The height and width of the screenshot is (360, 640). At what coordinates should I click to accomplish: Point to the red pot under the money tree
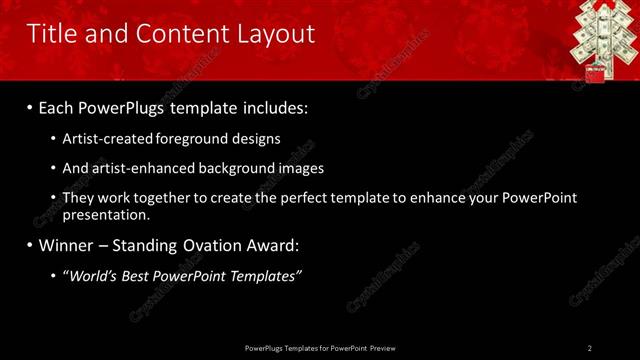(595, 73)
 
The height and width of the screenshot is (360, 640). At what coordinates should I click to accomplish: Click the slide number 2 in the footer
(590, 348)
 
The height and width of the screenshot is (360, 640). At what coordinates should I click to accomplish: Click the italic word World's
(93, 275)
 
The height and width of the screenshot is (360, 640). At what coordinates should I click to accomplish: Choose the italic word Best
(139, 275)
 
